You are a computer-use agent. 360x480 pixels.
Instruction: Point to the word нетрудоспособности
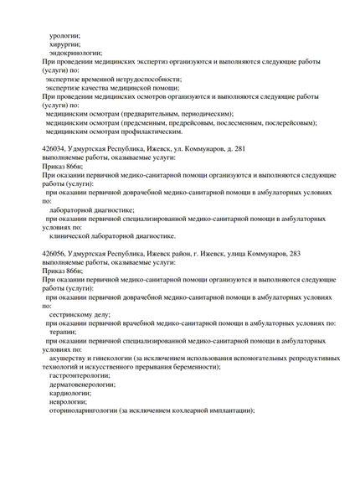pos(131,79)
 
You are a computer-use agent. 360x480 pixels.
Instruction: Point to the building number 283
pos(291,252)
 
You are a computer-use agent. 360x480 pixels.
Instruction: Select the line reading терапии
pos(64,332)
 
